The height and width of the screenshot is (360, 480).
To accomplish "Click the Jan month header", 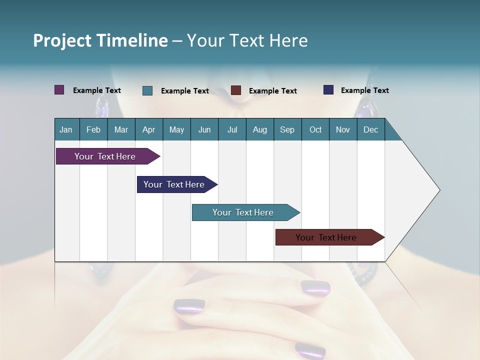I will tap(66, 129).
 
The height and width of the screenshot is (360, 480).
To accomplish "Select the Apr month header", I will tap(149, 129).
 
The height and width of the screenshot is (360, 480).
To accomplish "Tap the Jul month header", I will tap(232, 129).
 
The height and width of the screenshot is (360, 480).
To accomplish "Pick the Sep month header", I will tap(287, 129).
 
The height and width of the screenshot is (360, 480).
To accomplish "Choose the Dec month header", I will tap(370, 129).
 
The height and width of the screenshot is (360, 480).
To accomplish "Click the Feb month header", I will tap(93, 129).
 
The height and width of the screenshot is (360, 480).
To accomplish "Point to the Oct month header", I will tap(315, 129).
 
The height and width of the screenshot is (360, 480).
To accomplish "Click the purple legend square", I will tap(59, 90).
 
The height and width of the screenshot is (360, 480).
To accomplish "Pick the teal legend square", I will tap(147, 90).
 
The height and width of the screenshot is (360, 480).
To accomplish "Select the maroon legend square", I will tap(236, 90).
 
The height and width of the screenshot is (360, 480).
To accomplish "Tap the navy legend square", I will tap(328, 90).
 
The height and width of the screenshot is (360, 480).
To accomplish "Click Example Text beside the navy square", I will tap(364, 90).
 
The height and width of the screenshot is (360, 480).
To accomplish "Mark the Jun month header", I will tap(204, 129).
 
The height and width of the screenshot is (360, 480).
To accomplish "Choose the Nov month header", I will tap(343, 129).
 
